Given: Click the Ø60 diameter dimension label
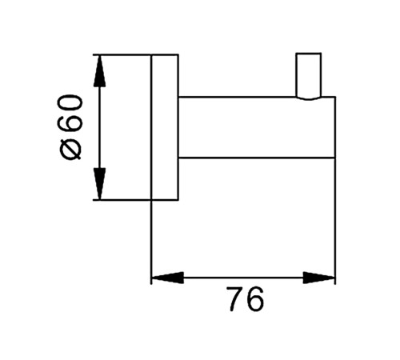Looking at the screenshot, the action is click(x=70, y=127).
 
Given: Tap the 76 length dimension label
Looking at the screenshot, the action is click(x=246, y=299).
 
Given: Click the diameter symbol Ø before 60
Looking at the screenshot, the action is click(x=70, y=150).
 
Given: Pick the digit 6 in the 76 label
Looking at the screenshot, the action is click(x=256, y=299).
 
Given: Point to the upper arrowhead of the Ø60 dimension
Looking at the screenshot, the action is click(x=99, y=71).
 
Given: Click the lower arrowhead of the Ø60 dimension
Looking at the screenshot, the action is click(x=99, y=183).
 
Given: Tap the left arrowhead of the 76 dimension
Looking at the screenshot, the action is click(x=167, y=278).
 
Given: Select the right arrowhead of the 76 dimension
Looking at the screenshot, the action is click(x=319, y=278).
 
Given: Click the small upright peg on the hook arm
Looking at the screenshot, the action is click(x=309, y=76).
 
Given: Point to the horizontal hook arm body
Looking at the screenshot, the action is click(x=257, y=127).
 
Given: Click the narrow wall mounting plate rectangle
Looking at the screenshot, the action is click(x=165, y=127).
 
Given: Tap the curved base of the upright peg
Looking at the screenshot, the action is click(x=309, y=98).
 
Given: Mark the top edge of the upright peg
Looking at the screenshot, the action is click(x=309, y=54).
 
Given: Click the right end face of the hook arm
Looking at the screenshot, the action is click(x=335, y=127).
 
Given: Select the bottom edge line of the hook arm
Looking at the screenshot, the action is click(x=257, y=158).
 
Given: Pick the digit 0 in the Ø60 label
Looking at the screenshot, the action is click(x=70, y=105).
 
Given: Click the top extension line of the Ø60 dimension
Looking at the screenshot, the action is click(x=122, y=54).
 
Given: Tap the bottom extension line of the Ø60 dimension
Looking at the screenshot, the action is click(x=122, y=199).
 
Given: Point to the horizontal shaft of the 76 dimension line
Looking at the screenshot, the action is click(x=243, y=278).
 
